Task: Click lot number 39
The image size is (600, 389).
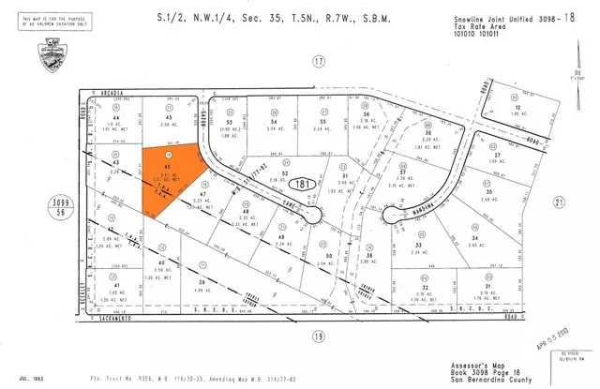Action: pos(201,281)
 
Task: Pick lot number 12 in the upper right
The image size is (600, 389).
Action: pos(517,109)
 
